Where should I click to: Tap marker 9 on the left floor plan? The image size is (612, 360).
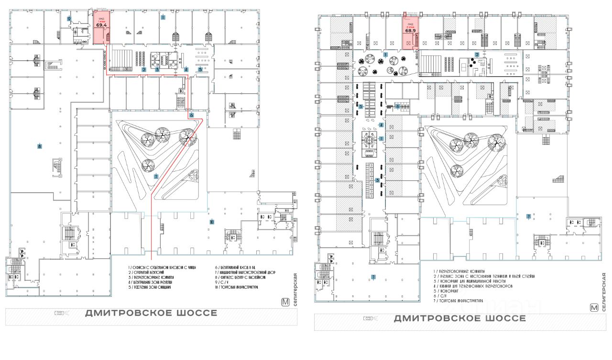coord(69,19)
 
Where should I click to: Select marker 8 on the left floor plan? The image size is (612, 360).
coord(40,146)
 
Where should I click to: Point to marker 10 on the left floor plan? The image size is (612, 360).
coord(211,222)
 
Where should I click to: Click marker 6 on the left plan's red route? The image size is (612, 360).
coord(191,115)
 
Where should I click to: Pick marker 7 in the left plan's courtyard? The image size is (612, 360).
coord(156,176)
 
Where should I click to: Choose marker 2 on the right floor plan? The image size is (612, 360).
coord(477,55)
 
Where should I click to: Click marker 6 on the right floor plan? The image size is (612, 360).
coord(397,107)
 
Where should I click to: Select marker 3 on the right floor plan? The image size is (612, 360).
coord(377,180)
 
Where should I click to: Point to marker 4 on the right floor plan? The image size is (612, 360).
coord(381,125)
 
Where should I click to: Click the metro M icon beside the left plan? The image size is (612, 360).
coord(286,302)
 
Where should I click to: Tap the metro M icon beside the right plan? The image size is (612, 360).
coord(595,308)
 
